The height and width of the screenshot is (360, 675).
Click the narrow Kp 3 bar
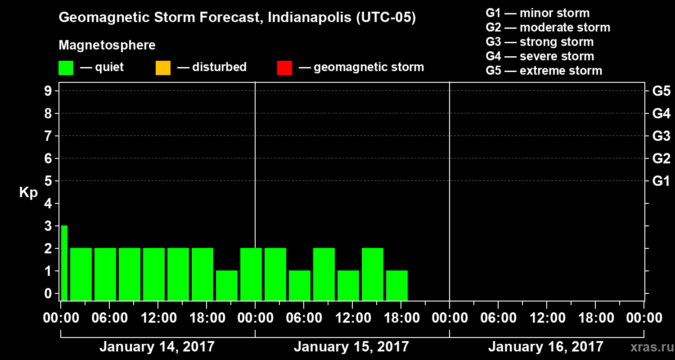(64, 263)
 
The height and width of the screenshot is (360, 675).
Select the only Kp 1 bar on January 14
(227, 285)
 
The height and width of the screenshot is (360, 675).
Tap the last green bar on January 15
(397, 285)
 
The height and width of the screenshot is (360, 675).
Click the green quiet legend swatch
(66, 68)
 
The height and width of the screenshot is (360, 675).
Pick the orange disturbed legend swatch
(163, 68)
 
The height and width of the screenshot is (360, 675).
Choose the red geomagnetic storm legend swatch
(284, 68)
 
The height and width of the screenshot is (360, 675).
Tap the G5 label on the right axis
(661, 91)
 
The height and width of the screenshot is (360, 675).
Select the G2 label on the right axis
(661, 159)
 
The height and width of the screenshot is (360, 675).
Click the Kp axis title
(28, 193)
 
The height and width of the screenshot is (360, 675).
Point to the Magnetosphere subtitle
(107, 45)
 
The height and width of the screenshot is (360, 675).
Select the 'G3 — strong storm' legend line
(540, 42)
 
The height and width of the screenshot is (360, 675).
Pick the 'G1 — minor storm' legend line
(537, 13)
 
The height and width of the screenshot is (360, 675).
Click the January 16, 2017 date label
(545, 347)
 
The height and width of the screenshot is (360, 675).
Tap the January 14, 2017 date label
(157, 347)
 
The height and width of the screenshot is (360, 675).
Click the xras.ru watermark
(649, 347)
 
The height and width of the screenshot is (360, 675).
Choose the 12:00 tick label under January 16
(546, 318)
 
